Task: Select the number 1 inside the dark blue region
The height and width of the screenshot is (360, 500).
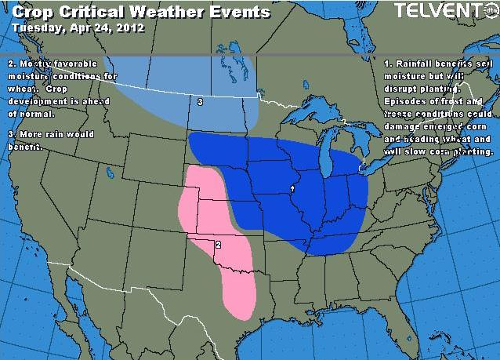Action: coord(292,188)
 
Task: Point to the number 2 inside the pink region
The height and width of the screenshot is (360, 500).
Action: coord(217,245)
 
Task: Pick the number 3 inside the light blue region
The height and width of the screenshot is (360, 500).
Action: coord(201,102)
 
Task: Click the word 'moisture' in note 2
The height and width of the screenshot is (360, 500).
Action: coord(31,75)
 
